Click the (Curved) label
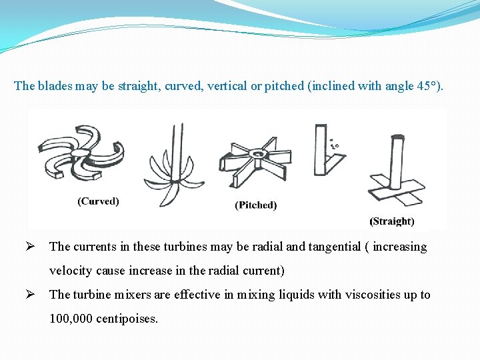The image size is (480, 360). point(99,201)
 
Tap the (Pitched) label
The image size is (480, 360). point(256,205)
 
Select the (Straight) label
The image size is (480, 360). point(392,221)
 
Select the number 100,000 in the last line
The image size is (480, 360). point(71,319)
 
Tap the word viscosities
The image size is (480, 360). point(371,295)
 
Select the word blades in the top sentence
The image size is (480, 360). point(54,86)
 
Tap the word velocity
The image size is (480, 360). point(71,271)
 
